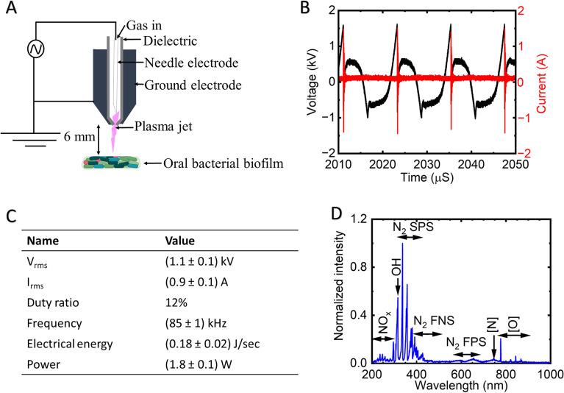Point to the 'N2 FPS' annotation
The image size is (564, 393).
tap(467, 341)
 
